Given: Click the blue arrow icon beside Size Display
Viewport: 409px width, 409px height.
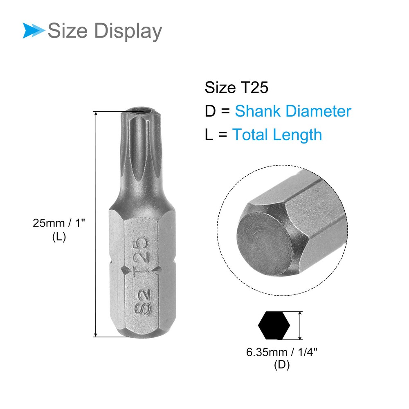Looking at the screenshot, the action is click(x=34, y=31).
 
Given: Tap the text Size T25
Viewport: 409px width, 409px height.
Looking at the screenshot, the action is click(x=236, y=87).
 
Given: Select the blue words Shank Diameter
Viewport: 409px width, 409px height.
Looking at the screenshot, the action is click(x=293, y=111).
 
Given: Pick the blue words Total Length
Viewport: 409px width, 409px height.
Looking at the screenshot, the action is click(x=277, y=135).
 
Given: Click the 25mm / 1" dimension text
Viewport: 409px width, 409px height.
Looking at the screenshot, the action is click(x=59, y=223).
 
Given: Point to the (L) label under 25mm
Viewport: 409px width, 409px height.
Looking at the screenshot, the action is click(x=59, y=237).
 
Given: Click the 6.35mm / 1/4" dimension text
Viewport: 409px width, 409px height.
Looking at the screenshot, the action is click(x=282, y=352).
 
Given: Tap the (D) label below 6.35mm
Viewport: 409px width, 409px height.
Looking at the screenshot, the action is click(x=282, y=365).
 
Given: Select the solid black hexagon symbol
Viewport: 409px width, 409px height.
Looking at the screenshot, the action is click(x=274, y=325).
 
